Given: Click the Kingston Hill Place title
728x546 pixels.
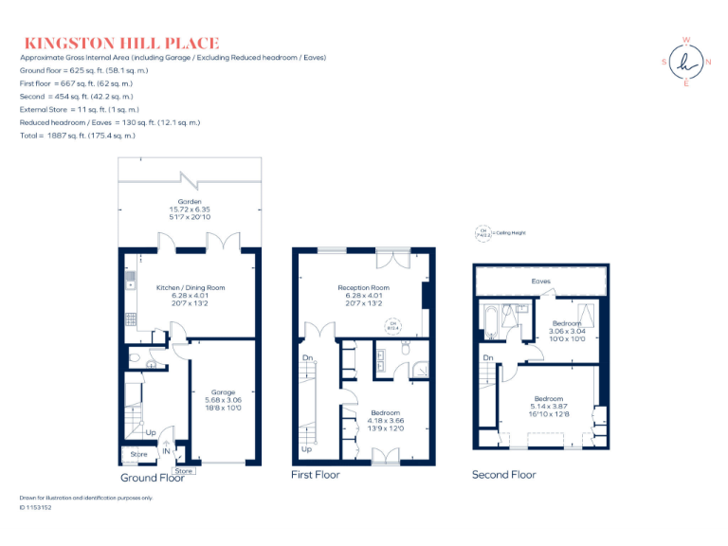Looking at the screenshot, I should coord(120,43).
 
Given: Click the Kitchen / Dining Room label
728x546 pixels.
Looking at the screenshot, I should coord(191,287).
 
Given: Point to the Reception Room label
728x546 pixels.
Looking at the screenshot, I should coord(364,287).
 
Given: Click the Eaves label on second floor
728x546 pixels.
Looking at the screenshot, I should coord(540,282).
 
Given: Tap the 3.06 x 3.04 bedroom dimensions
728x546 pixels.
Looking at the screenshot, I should coord(567,331).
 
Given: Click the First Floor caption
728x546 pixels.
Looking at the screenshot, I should coord(316,475).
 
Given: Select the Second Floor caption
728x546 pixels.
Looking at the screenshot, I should coord(503,475).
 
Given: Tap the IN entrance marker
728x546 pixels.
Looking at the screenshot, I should coord(166,452).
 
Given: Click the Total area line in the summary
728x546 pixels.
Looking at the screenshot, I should coord(78,136).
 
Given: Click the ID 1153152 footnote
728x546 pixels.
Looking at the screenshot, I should coord(36,508).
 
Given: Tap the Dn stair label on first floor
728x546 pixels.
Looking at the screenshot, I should coord(307,357).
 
